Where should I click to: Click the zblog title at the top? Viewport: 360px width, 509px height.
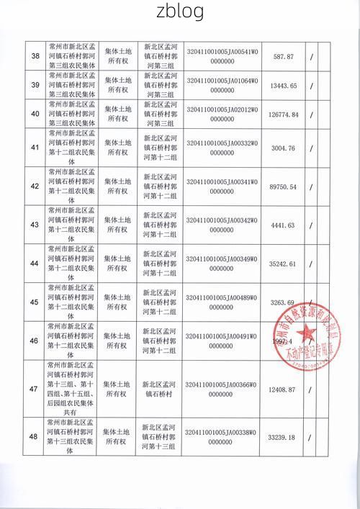click(x=179, y=12)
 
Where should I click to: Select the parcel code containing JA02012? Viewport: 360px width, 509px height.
click(x=223, y=113)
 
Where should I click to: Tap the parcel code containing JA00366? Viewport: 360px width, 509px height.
click(x=223, y=389)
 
